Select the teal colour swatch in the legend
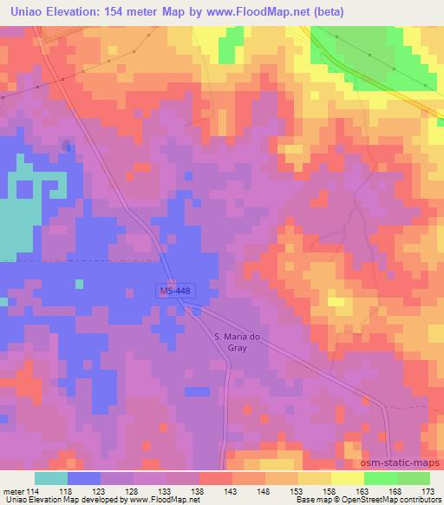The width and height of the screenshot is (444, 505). click(x=51, y=478)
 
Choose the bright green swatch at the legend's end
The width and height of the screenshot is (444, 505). click(x=414, y=478)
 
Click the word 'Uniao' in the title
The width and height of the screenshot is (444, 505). click(x=23, y=12)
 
